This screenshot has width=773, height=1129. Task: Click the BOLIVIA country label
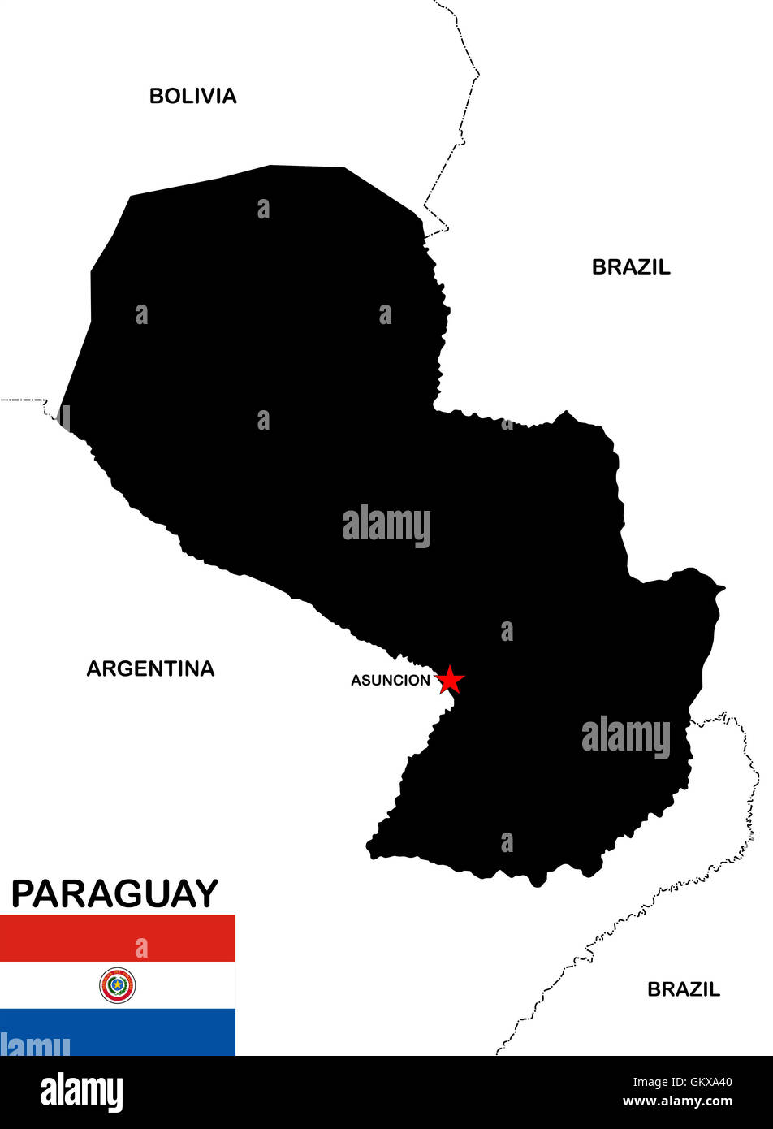[x=192, y=96]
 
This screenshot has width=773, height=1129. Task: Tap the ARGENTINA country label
[x=150, y=668]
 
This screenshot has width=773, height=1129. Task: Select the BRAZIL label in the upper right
[x=631, y=267]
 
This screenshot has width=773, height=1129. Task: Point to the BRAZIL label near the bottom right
[x=683, y=989]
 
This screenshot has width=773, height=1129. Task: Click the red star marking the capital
[x=449, y=680]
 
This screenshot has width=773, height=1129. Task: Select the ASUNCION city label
[x=390, y=681]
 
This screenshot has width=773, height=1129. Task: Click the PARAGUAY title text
[x=114, y=893]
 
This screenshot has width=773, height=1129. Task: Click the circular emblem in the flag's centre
[x=118, y=985]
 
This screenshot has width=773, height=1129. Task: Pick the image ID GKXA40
[x=706, y=1082]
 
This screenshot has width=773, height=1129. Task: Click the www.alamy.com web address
[x=677, y=1102]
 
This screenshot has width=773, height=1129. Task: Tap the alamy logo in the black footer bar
[x=81, y=1092]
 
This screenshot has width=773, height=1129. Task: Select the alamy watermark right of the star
[x=626, y=738]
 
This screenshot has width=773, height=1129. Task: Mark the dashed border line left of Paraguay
[x=24, y=400]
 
